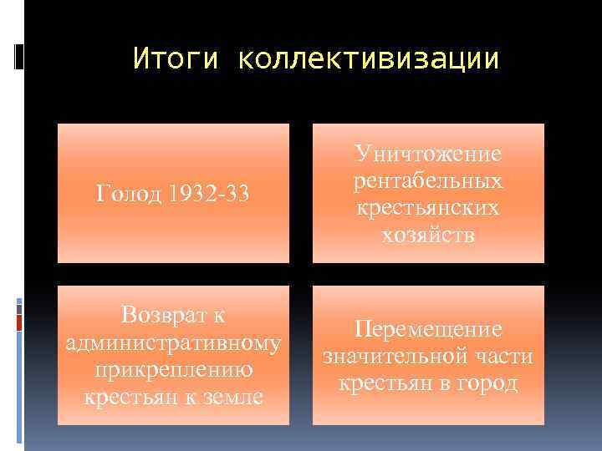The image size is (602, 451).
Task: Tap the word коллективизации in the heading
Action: click(x=368, y=59)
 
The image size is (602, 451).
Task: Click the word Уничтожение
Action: click(x=428, y=154)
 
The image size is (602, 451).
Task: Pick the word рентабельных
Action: click(x=428, y=180)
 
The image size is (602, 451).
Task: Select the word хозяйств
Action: click(x=428, y=235)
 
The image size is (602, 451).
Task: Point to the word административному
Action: click(x=173, y=342)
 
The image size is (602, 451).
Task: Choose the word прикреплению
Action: click(x=173, y=369)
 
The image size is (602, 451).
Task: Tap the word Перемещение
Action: click(x=428, y=329)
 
